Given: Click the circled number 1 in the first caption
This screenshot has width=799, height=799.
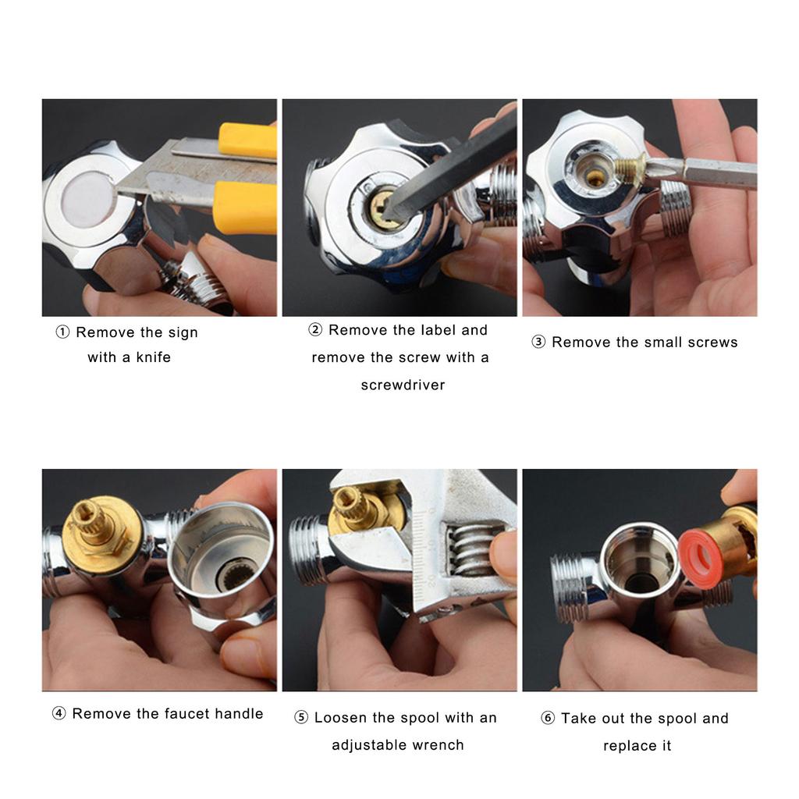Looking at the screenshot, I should (x=63, y=332).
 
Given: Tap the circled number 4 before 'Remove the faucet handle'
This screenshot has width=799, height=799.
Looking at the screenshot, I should (x=59, y=714).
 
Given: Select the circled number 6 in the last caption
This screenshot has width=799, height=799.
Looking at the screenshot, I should (x=548, y=719).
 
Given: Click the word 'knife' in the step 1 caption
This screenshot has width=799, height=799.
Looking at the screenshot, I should (x=153, y=358).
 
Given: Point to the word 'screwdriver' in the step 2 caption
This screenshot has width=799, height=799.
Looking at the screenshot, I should (x=403, y=385).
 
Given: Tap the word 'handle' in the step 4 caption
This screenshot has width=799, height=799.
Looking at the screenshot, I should (x=237, y=714).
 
